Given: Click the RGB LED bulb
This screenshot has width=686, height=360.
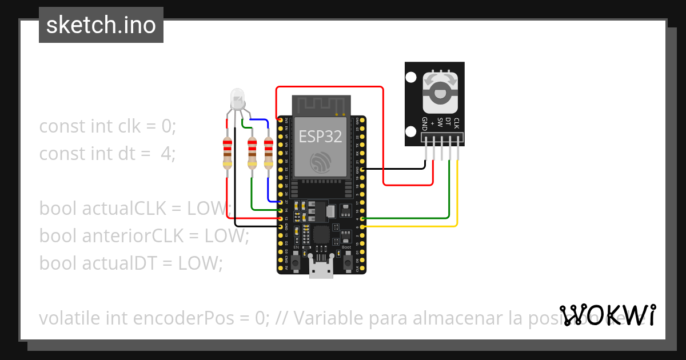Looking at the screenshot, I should (237, 100).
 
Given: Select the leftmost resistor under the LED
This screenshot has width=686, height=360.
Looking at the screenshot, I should (228, 153).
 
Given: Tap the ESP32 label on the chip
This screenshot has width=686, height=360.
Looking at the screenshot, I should (320, 137).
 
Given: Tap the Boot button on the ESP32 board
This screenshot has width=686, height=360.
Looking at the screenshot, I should (346, 262).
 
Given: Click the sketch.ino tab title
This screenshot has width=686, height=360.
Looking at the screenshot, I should (101, 25).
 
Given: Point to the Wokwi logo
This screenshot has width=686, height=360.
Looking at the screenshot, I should (607, 315).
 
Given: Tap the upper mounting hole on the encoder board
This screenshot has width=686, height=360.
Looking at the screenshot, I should (410, 77).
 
